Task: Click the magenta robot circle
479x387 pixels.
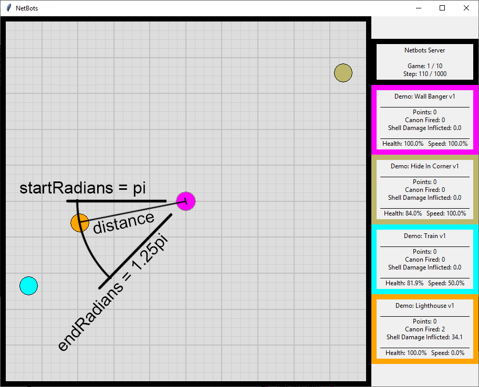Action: (x=186, y=201)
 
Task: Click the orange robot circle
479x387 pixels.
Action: (x=79, y=223)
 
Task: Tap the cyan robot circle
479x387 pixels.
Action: (x=29, y=285)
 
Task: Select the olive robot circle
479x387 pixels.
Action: (x=343, y=73)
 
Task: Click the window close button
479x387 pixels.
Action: (x=466, y=8)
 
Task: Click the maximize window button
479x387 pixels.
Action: (x=442, y=8)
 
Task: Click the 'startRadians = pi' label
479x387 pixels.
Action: (x=82, y=188)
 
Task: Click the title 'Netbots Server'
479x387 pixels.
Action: (x=425, y=50)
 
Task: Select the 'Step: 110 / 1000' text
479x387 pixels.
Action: (x=425, y=74)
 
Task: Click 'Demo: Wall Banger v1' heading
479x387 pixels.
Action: (x=425, y=96)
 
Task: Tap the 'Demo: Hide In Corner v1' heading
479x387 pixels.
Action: (x=425, y=166)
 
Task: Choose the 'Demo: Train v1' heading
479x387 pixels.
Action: (x=425, y=236)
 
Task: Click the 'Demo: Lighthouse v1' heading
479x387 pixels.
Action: (x=425, y=306)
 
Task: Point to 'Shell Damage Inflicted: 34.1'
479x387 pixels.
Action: (x=425, y=337)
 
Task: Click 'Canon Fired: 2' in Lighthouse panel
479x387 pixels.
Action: (x=425, y=329)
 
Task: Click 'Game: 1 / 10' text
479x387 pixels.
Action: (x=425, y=66)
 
